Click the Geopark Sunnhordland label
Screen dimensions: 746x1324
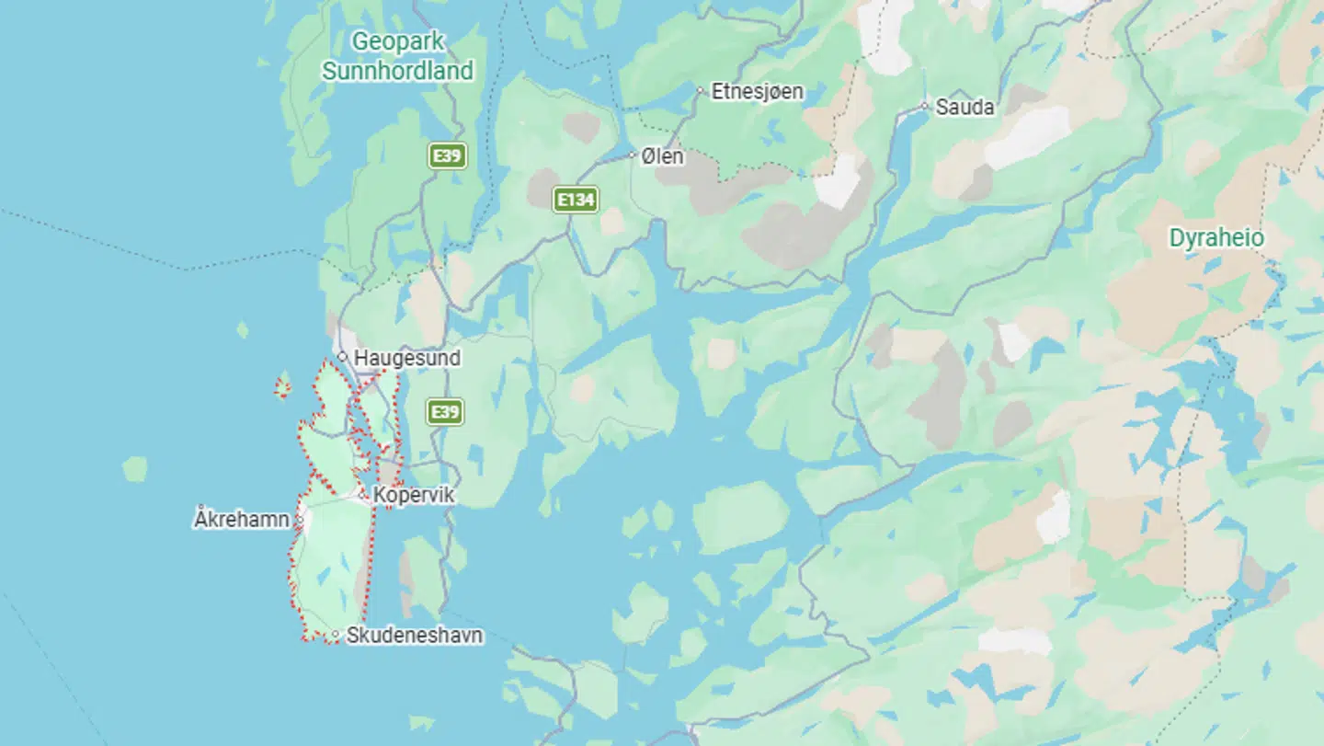click(398, 55)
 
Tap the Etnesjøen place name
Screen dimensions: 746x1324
click(757, 91)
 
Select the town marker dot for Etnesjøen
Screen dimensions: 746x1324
click(700, 91)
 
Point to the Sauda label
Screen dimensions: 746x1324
click(964, 107)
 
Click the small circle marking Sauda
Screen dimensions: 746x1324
click(925, 107)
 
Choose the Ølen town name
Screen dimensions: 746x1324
click(662, 155)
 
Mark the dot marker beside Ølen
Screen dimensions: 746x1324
click(633, 155)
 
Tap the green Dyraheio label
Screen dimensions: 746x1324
click(1216, 238)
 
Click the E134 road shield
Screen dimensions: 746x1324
click(576, 200)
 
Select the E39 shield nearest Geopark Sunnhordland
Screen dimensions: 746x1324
click(448, 155)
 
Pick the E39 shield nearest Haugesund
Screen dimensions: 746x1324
click(446, 411)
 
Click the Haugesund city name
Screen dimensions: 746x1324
click(407, 358)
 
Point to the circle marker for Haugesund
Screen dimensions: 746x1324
click(342, 357)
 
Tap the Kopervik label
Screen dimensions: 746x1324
click(414, 496)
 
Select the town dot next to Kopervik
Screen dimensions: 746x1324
click(365, 496)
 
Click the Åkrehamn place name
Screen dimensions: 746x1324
click(241, 520)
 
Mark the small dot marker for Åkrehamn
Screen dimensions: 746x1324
click(299, 521)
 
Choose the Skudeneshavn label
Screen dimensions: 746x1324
click(414, 635)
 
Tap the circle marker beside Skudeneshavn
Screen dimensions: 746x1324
click(336, 635)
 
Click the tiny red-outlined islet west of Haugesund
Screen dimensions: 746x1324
click(282, 387)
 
